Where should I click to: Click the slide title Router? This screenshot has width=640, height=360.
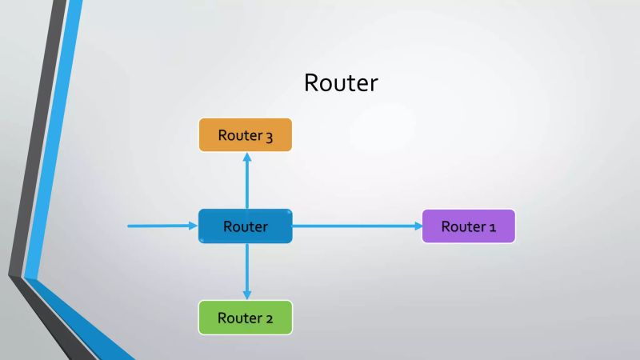pos(341,82)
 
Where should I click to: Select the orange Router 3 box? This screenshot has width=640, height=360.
pos(246,135)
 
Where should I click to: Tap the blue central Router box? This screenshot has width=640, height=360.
pos(246,226)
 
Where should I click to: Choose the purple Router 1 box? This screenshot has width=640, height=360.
pos(469,226)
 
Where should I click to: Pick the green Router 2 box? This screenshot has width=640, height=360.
pos(246,318)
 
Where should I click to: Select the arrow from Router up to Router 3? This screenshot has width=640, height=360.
pos(246,181)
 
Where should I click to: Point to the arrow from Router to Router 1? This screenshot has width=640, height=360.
pos(357,226)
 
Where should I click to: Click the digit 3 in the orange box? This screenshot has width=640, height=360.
pos(269,136)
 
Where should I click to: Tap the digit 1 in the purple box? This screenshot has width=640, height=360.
pos(492,227)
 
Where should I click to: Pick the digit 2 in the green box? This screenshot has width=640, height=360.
pos(269,318)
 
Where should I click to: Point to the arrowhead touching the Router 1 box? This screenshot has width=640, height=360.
pos(418,226)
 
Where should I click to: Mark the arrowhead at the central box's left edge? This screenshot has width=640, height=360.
pos(194,226)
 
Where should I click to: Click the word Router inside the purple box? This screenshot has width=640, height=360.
pos(463,226)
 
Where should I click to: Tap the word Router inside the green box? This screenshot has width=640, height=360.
pos(239,318)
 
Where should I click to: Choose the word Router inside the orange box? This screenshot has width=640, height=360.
pos(239,135)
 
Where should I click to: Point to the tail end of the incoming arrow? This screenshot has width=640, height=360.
pos(130,226)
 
